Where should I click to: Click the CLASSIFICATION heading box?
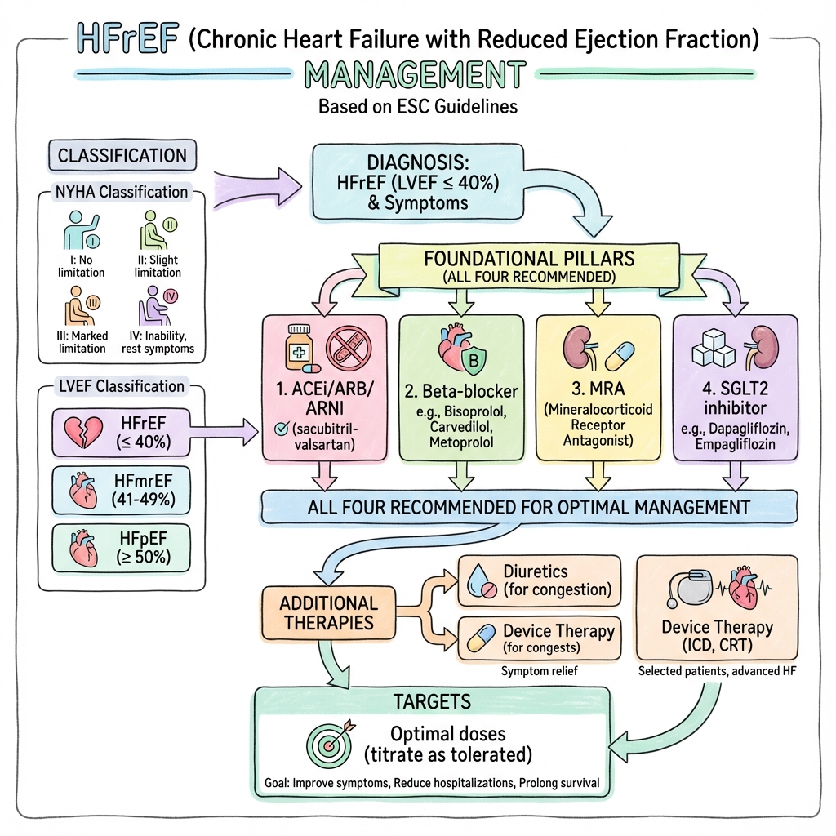(122, 155)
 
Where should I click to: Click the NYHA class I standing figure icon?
(79, 231)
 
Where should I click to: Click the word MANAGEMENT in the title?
(414, 76)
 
